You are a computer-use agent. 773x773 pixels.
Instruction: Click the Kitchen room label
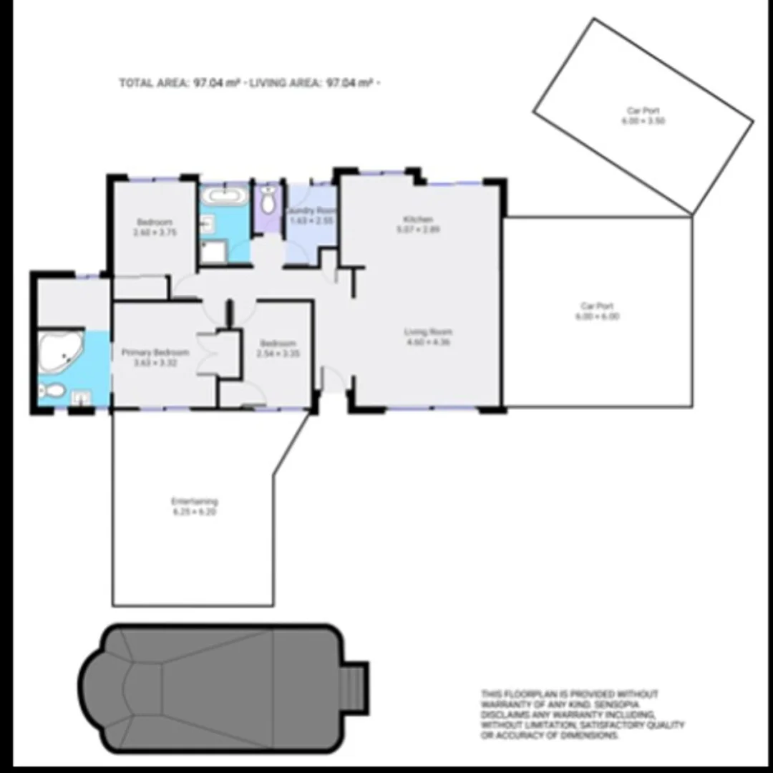419,219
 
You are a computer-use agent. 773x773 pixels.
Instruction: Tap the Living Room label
429,331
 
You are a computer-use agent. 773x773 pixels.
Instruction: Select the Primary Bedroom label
155,352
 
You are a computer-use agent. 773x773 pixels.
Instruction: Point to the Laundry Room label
311,210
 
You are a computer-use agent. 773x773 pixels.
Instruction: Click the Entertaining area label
194,502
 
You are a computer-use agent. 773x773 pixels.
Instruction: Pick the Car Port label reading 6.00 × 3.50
643,111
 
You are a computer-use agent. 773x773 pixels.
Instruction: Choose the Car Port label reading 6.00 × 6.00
599,306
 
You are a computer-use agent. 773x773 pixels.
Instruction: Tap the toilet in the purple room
268,201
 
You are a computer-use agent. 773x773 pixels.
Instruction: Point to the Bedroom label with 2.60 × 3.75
154,223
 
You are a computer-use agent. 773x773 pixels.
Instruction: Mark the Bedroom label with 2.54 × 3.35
277,344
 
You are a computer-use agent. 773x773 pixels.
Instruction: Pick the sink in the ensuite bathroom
81,395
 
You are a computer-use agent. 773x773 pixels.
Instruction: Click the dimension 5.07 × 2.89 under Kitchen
419,230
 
